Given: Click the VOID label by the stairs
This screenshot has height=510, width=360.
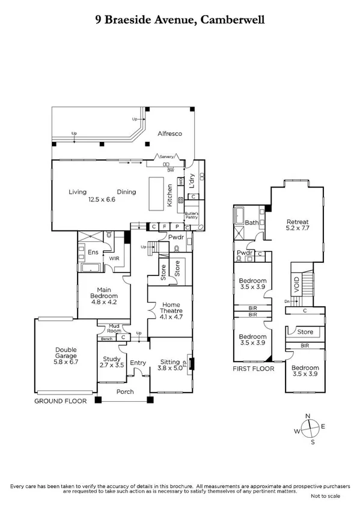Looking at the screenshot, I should tap(296, 283).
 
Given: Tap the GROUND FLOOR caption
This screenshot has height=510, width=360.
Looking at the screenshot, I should tap(60, 401).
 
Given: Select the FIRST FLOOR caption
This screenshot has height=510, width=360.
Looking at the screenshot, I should tap(253, 368).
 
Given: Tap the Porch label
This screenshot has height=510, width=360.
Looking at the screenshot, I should tap(125, 392).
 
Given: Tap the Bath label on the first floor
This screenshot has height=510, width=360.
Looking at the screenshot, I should tap(251, 223).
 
